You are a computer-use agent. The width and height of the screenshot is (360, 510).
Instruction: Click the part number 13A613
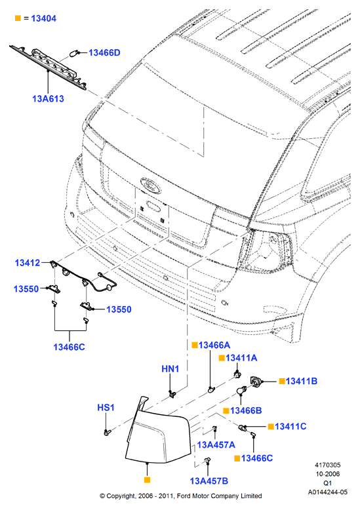coord(48,98)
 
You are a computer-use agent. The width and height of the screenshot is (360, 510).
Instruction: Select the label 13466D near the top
coord(104,52)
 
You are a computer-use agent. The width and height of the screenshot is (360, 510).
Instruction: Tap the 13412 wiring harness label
coord(28,263)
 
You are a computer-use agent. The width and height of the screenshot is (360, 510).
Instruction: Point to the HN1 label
coord(170,369)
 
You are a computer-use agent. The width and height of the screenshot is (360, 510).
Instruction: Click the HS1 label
coord(106,408)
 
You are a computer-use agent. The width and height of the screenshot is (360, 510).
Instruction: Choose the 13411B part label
coord(302,382)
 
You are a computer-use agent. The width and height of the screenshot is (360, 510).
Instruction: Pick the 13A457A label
coord(216,444)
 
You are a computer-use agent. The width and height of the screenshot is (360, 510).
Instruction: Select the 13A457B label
coord(209,481)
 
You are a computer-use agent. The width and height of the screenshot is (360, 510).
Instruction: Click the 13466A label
coord(214,345)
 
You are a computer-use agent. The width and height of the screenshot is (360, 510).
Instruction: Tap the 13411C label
coord(290,426)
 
